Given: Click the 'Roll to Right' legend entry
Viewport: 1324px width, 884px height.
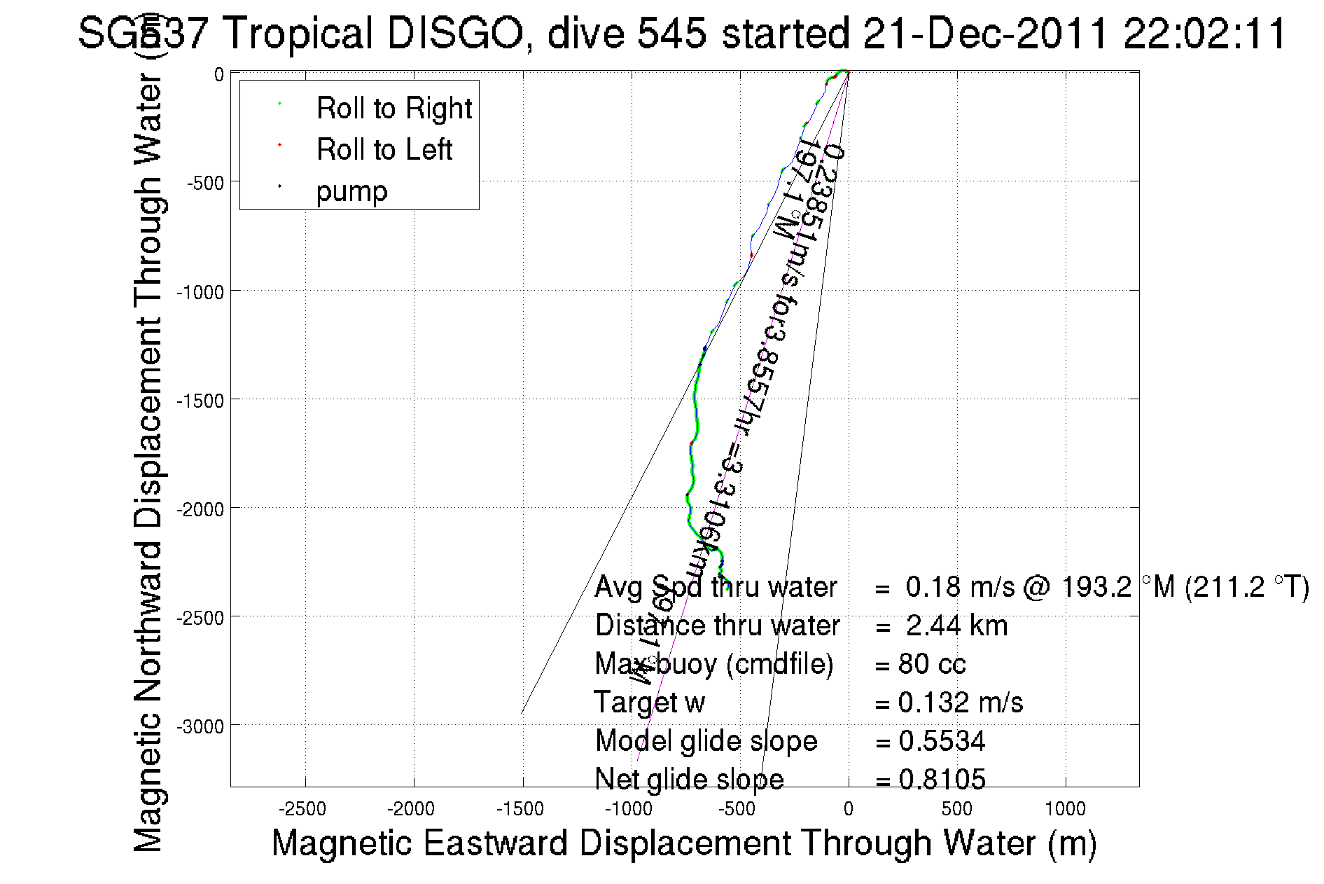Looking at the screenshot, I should point(393,109).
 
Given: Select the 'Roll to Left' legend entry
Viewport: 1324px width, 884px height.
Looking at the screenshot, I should point(384,150).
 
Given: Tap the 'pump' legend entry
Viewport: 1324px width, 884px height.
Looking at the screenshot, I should point(351,191).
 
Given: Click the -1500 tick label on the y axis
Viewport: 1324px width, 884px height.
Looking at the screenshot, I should point(200,401).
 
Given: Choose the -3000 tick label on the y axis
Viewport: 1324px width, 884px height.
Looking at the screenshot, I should point(200,726).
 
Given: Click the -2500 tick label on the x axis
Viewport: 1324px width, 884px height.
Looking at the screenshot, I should point(302,809).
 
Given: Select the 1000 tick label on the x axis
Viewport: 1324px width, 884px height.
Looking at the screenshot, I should point(1065,809).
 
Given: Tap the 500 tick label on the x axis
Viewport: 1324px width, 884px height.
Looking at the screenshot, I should point(956,809).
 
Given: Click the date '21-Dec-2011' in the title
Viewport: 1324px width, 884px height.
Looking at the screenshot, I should point(986,34).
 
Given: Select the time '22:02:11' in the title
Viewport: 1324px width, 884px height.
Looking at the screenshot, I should point(1204,34).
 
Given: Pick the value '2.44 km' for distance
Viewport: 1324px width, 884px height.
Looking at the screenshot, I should point(956,626).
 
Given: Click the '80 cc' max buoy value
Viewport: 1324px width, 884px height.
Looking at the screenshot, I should point(932,664).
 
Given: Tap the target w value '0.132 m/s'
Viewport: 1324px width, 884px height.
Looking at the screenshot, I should point(960,703).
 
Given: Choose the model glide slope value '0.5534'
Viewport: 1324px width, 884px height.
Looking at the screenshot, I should point(942,741).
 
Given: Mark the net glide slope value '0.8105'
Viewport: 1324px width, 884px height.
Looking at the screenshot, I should point(942,779).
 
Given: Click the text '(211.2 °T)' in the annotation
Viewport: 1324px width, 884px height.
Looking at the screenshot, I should point(1247,587).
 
